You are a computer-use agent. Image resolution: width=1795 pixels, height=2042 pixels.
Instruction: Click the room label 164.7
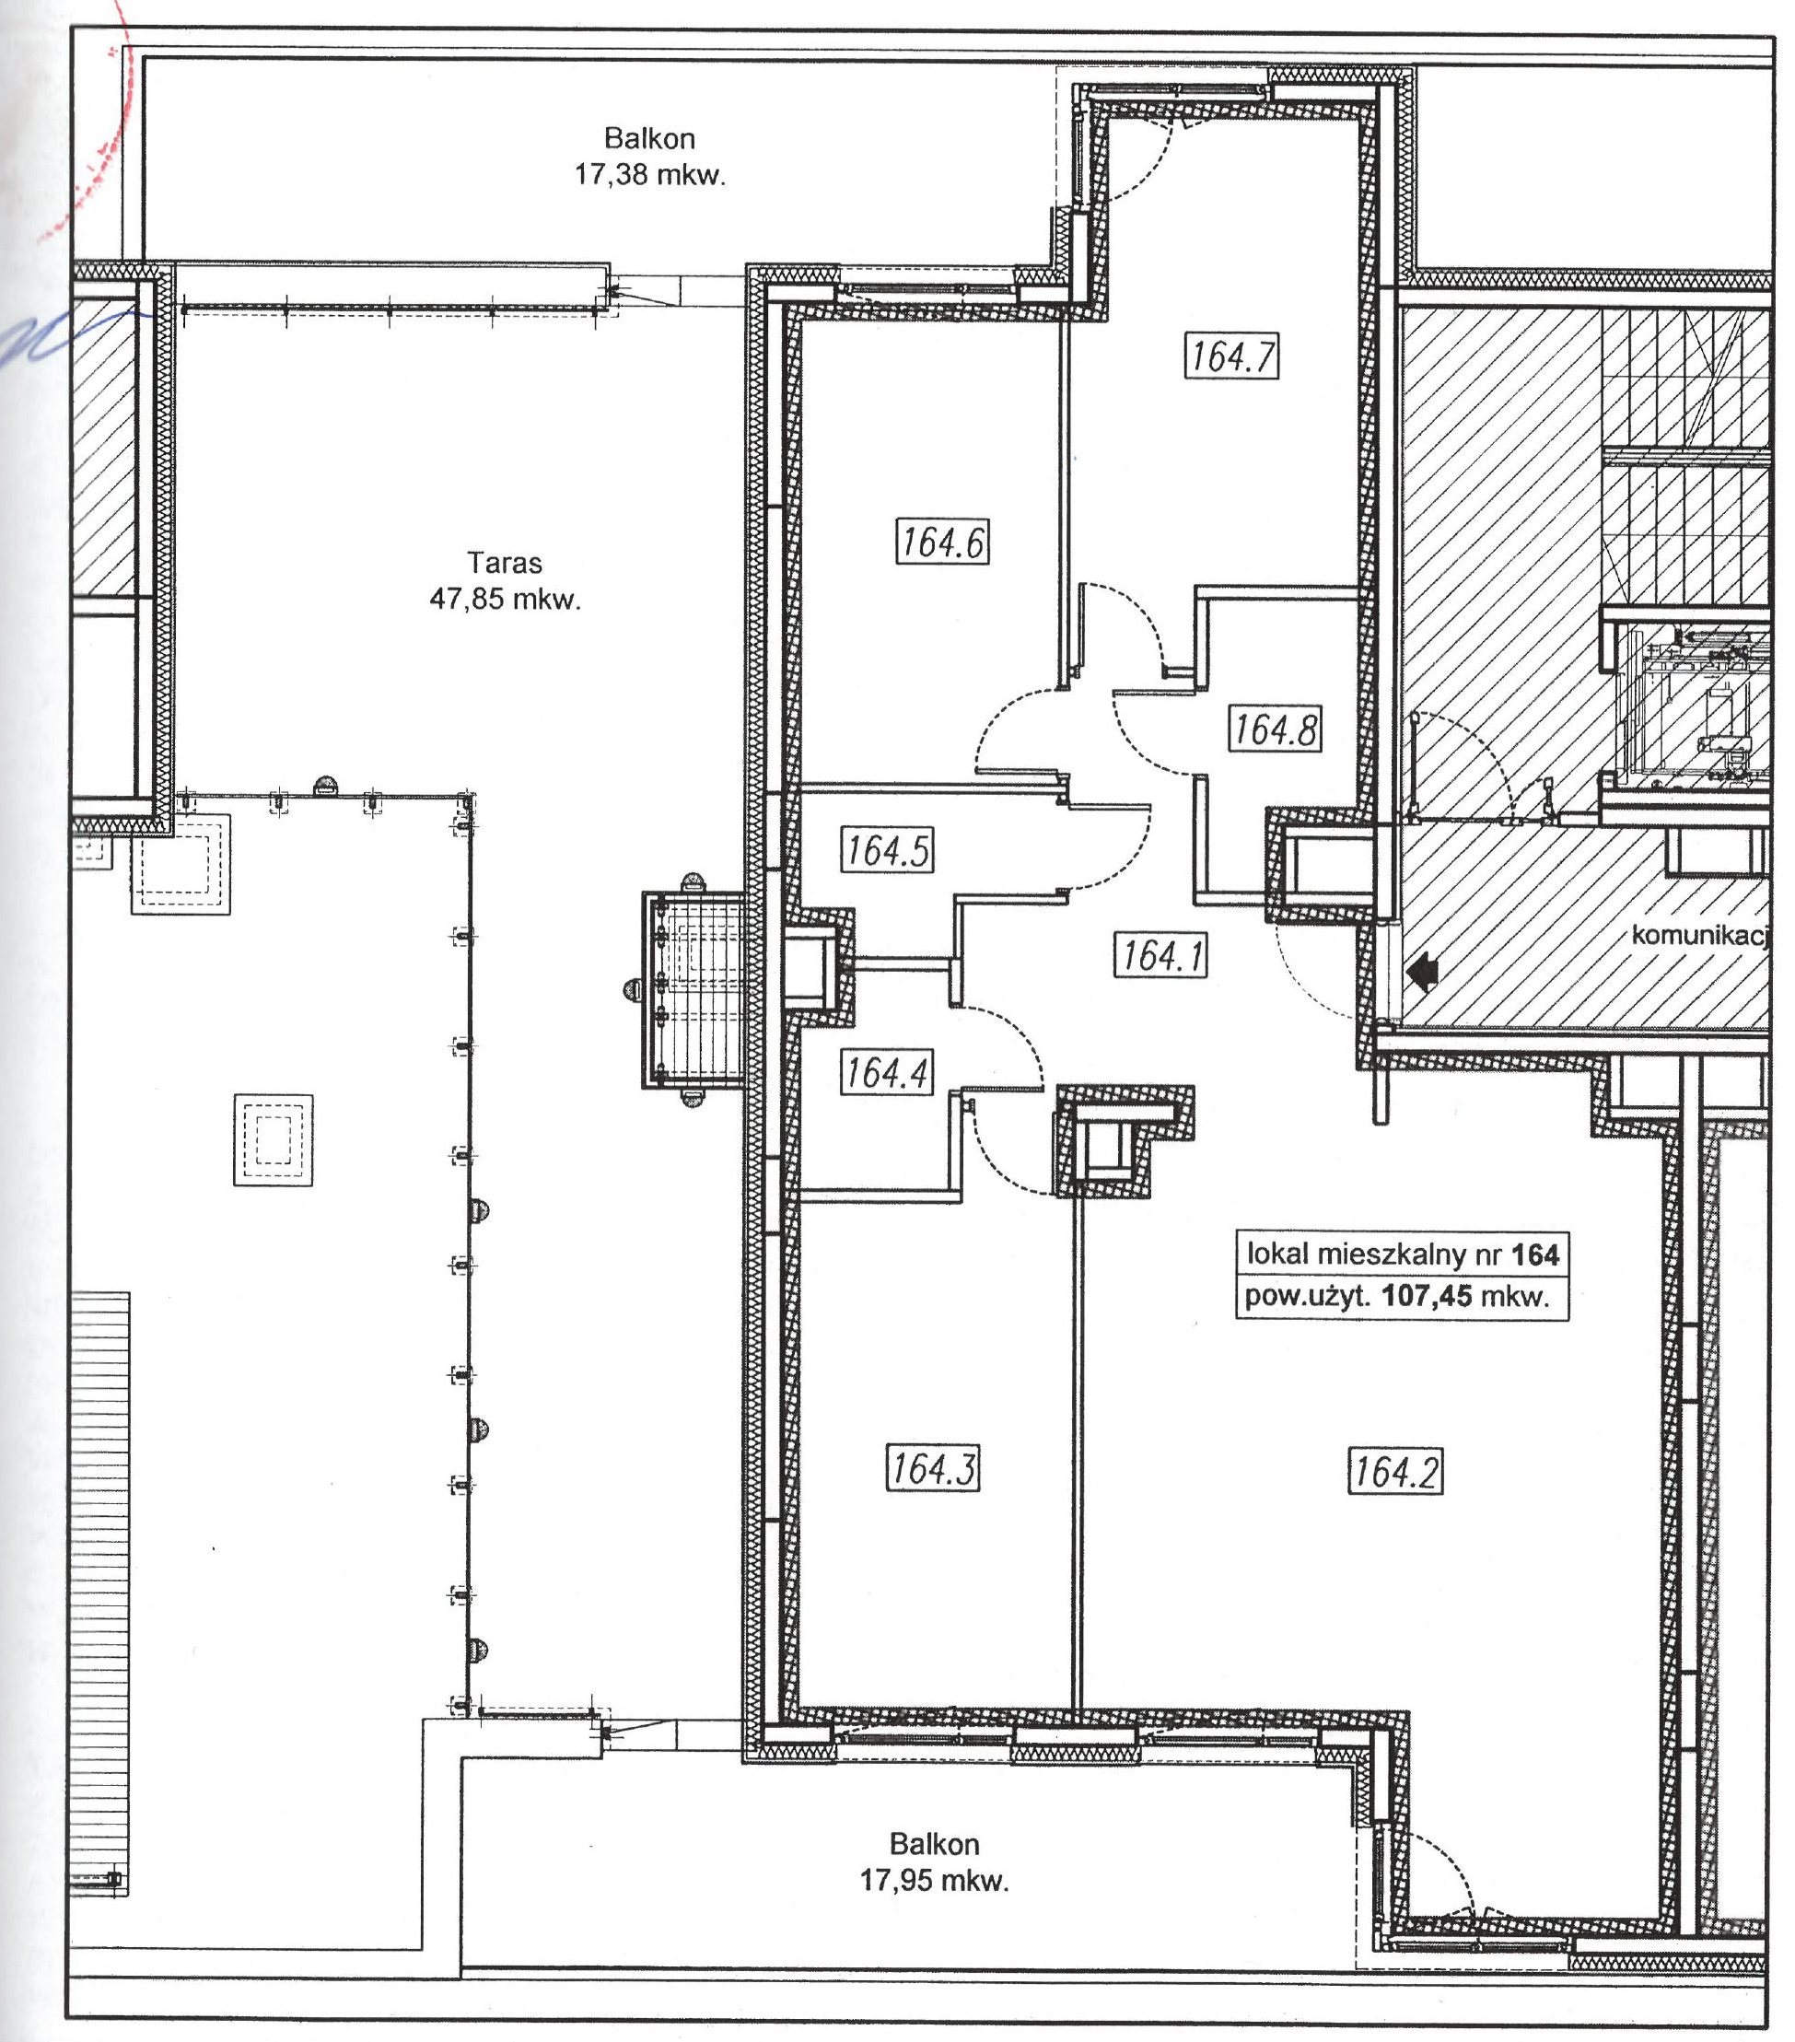[x=1231, y=356]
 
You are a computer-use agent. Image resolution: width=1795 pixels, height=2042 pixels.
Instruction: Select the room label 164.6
[x=942, y=542]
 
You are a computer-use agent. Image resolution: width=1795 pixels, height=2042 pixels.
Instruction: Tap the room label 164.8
[x=1274, y=729]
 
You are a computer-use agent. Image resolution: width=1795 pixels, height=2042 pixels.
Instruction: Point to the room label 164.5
[x=887, y=850]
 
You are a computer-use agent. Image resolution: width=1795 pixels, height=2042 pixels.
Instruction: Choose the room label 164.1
[x=1160, y=954]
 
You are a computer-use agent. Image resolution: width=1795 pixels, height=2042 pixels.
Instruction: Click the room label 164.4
[x=887, y=1073]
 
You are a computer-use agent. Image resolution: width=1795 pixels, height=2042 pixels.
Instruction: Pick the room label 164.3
[x=933, y=1467]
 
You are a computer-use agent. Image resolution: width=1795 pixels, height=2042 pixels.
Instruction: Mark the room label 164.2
[x=1395, y=1471]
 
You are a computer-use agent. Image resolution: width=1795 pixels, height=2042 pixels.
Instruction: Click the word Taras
[x=505, y=564]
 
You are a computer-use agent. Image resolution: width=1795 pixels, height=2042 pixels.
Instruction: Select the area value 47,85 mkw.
[x=505, y=600]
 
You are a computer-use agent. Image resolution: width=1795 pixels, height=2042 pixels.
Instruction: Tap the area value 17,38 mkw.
[x=649, y=175]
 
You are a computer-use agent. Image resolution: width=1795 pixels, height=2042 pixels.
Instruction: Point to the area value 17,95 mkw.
[x=934, y=1881]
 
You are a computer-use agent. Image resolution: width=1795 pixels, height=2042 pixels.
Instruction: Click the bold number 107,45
[x=1427, y=1297]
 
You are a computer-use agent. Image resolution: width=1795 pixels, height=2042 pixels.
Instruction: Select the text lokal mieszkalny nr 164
[x=1403, y=1254]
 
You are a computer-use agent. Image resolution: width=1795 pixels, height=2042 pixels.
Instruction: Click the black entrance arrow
[x=1422, y=968]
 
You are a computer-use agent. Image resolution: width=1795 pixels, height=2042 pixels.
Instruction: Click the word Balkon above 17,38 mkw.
[x=649, y=138]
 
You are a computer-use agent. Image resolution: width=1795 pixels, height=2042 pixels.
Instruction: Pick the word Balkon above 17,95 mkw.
[x=934, y=1844]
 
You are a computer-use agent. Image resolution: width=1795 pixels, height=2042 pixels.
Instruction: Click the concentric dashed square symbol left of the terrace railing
[x=273, y=1140]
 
